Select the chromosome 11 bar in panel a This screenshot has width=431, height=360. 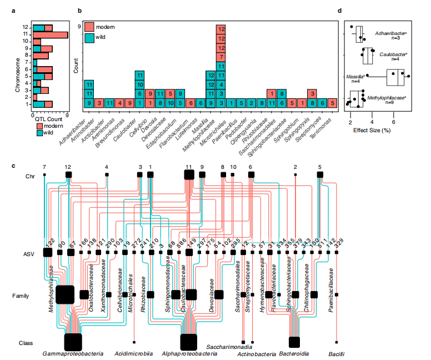[x=50, y=34]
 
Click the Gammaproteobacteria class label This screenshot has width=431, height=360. [x=72, y=353]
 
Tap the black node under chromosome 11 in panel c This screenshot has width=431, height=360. [x=188, y=174]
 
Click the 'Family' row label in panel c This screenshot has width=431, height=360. [x=21, y=296]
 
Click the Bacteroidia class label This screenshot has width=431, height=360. [x=294, y=353]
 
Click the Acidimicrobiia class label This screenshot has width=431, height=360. [x=133, y=353]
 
